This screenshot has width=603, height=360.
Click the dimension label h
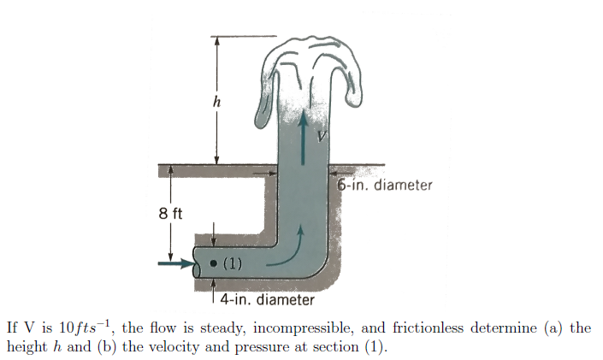point(217,102)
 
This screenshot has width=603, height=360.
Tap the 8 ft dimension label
point(170,213)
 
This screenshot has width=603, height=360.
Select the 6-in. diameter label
point(385,185)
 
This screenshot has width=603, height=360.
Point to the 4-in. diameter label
point(267,299)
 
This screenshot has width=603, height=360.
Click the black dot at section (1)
point(213,263)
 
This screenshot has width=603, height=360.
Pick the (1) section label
point(233,263)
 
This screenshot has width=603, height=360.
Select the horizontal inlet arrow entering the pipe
point(175,263)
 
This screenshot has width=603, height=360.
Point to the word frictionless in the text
point(429,328)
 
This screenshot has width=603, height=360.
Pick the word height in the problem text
point(27,347)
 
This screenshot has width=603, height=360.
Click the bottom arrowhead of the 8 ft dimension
point(170,257)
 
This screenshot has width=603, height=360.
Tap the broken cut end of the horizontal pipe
point(197,263)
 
